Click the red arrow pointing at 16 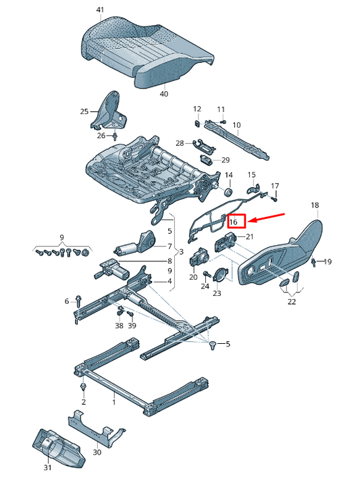tap(266, 217)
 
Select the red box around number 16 tap(237, 221)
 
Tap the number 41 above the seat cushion tap(100, 10)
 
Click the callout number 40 tap(164, 93)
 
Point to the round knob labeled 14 tap(228, 192)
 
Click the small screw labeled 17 tap(274, 199)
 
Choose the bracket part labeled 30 tap(96, 428)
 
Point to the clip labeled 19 tap(313, 261)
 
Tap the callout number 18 tap(315, 205)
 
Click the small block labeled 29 tap(206, 159)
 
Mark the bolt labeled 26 tap(115, 136)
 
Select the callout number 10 tap(236, 125)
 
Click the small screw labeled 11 tap(224, 122)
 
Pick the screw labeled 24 tap(206, 274)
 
